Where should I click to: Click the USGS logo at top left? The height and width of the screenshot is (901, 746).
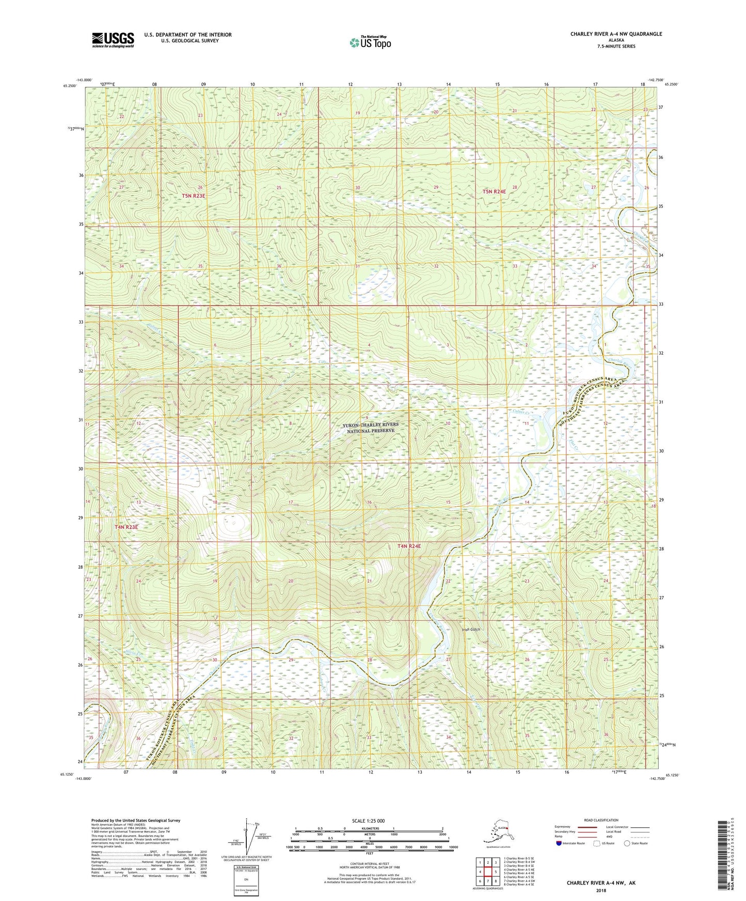click(113, 40)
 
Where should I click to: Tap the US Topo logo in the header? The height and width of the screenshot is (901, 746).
click(370, 42)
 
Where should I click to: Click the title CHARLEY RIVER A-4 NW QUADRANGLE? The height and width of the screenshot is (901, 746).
click(616, 34)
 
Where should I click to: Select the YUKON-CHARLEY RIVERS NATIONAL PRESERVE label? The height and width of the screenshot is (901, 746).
click(370, 427)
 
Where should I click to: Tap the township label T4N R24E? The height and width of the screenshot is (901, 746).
click(409, 546)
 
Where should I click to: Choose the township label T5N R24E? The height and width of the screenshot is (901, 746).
click(494, 191)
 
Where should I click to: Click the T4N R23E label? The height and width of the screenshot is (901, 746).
click(126, 527)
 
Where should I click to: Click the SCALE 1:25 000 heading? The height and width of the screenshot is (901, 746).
click(368, 821)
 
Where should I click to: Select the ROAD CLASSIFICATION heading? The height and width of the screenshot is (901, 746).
click(601, 820)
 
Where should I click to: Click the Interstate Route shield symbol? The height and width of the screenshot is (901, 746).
click(559, 843)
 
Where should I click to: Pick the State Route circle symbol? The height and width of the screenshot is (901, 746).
click(627, 843)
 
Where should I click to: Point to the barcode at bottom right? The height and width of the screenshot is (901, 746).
click(721, 857)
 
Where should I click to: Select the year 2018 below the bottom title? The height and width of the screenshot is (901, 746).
click(601, 891)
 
